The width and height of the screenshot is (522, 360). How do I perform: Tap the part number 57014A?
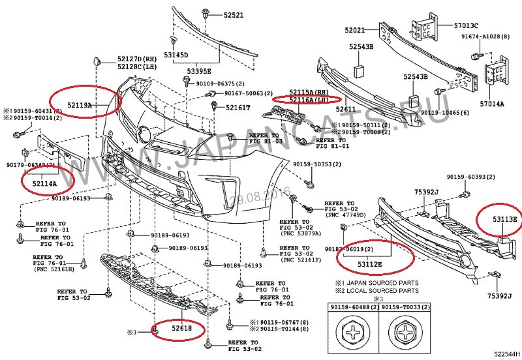click(x=492, y=103)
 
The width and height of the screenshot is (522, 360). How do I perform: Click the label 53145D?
click(x=176, y=55)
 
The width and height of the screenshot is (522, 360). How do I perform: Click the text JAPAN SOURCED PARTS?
click(x=381, y=282)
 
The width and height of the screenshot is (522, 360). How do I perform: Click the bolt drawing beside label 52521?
click(x=206, y=12)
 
